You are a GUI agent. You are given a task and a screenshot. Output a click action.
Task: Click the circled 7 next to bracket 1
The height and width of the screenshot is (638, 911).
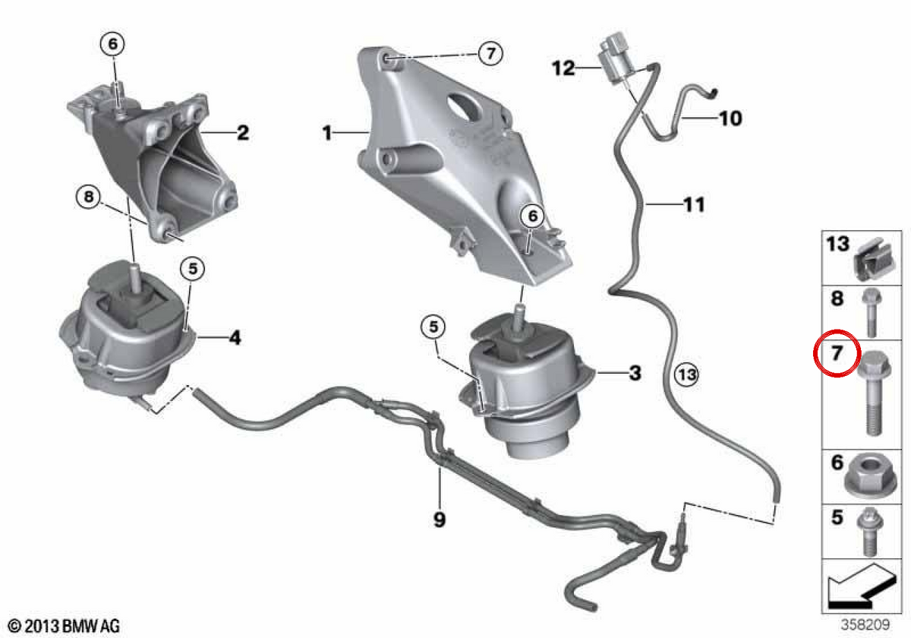coord(490,53)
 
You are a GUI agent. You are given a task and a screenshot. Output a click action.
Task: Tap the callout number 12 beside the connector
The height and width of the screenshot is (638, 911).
coord(563,68)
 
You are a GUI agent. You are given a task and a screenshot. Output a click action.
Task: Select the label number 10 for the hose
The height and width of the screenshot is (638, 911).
coord(730,118)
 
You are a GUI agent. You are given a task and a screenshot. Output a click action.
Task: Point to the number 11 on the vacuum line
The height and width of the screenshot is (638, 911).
coord(694,204)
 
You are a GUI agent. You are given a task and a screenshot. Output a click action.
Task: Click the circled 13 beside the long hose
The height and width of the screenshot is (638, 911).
coord(687,374)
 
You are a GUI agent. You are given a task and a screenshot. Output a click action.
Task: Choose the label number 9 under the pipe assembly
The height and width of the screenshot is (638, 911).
coord(440,520)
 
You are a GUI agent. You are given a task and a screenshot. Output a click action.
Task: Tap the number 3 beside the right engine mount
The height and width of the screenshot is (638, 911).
coord(635,373)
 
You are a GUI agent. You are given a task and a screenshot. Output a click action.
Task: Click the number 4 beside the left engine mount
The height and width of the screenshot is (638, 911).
coord(235,337)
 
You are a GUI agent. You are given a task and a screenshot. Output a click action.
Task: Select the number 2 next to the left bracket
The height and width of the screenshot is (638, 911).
coord(243,133)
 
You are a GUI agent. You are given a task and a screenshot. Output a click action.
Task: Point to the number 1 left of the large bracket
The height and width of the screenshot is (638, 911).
coord(327,133)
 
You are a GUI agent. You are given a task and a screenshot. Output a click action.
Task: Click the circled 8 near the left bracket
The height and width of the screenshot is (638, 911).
coord(89,197)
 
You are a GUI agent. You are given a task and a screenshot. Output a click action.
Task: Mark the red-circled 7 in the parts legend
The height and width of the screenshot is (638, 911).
coord(837,352)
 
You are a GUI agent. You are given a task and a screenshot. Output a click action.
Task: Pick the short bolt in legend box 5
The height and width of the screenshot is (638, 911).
coord(869,532)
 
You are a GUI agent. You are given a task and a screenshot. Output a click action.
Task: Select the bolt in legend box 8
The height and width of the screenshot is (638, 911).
coord(872,312)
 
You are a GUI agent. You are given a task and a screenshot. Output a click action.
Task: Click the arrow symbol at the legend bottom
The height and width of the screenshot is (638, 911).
coord(862,586)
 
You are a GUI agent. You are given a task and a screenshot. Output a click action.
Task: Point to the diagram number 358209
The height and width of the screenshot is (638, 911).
coord(865,624)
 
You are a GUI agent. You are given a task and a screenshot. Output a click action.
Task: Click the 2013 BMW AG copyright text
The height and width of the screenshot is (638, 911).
coord(64,626)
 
